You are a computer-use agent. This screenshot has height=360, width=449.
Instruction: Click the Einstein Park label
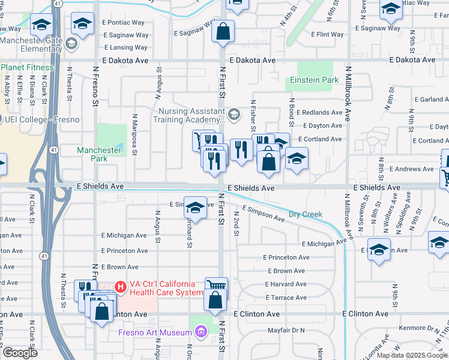(315, 80)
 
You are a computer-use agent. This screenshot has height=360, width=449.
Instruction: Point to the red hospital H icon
(121, 287)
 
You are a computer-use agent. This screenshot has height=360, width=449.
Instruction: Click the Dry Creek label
(305, 214)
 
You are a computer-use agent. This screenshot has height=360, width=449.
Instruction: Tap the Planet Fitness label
(29, 67)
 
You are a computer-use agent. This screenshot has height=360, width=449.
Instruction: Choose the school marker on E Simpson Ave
(194, 208)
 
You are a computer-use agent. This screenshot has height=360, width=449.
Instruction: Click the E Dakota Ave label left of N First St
(125, 61)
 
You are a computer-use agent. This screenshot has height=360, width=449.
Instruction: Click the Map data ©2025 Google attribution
(412, 355)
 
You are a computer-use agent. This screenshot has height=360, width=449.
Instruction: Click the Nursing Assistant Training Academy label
(190, 116)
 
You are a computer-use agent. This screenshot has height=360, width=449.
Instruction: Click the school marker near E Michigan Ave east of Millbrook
(379, 249)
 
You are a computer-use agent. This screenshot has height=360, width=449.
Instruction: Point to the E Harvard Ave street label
(286, 284)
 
